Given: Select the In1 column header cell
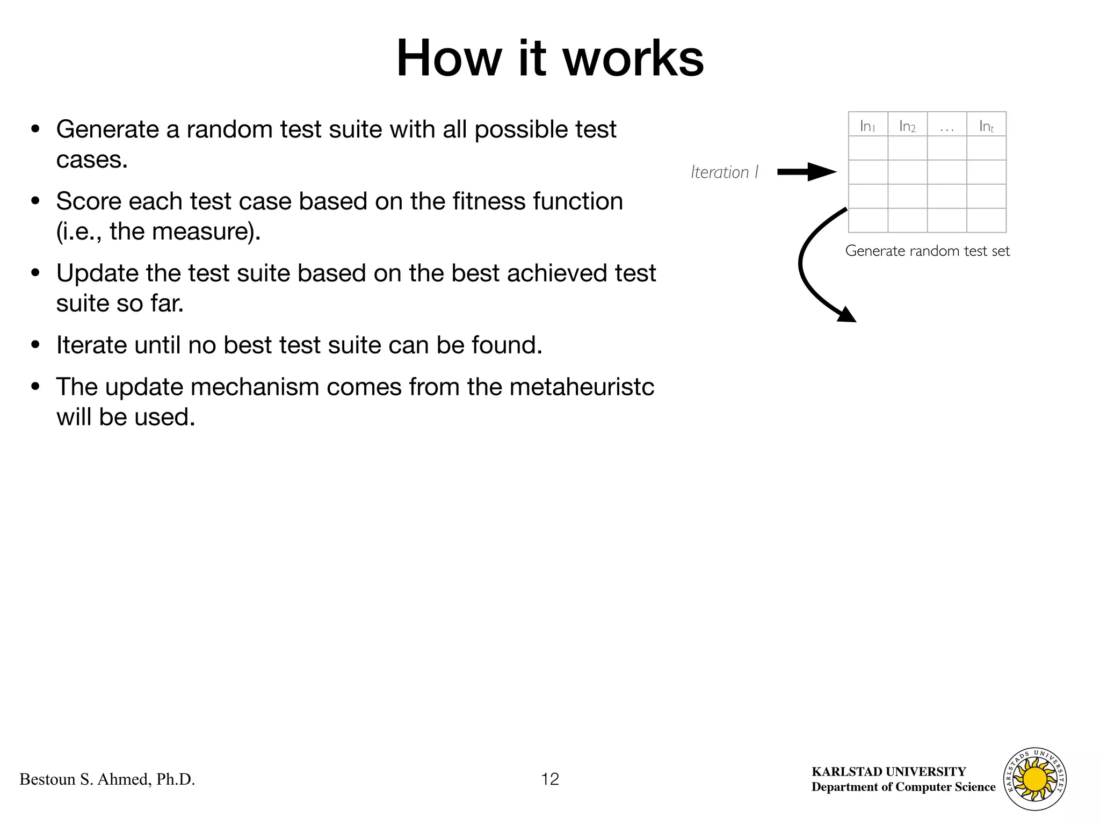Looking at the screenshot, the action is [x=867, y=125].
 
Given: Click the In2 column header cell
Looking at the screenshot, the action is [x=907, y=125].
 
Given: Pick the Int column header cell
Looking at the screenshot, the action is [x=986, y=125].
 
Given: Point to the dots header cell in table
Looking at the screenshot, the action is [x=947, y=125].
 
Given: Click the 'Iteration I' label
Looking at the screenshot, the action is [x=725, y=172].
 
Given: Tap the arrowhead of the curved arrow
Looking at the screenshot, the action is [x=847, y=315].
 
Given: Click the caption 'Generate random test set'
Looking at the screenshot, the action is [x=927, y=251].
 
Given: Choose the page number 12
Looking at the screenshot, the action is [x=550, y=779].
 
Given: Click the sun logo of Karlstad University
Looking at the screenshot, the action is [x=1034, y=779].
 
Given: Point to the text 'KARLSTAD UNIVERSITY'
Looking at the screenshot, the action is [x=888, y=772].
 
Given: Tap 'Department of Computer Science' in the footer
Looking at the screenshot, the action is [x=903, y=787].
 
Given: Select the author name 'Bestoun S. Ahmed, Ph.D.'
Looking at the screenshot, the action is [x=107, y=779].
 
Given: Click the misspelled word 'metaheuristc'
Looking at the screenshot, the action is [x=582, y=387].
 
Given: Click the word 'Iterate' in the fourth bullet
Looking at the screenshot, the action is [x=91, y=345].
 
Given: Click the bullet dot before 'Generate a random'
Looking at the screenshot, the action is [x=36, y=129].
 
